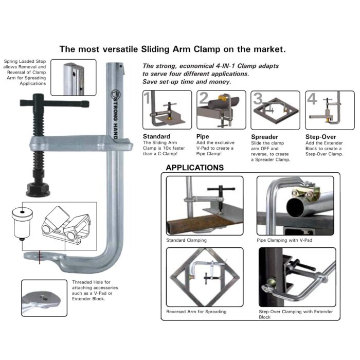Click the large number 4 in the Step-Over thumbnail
312,98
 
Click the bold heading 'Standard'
156,137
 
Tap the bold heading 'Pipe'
203,137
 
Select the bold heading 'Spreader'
264,137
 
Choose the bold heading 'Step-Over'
320,137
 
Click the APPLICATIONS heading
194,168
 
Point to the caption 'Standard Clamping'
186,240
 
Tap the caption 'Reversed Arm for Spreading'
196,312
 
